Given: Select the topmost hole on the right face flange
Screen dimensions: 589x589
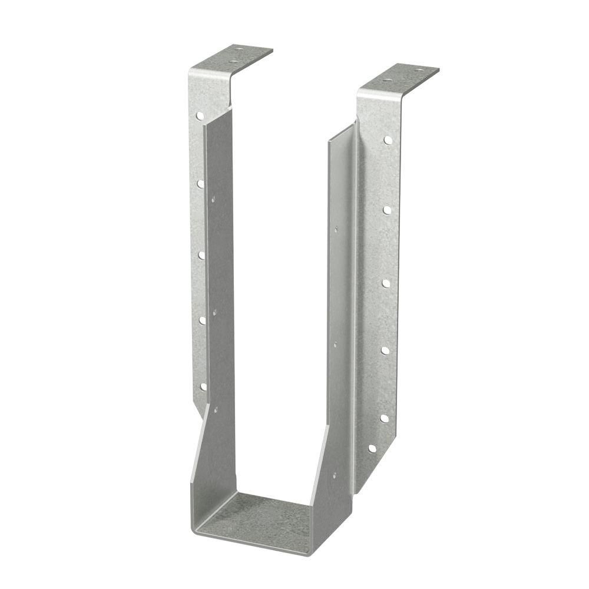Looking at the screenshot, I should click(388, 140).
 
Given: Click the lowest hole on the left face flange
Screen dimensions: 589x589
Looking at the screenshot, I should click(203, 387).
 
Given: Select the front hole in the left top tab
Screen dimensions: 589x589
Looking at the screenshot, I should click(233, 61).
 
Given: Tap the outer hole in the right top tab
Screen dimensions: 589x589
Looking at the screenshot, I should click(419, 71).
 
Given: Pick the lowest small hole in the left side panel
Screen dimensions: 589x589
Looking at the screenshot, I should click(215, 408).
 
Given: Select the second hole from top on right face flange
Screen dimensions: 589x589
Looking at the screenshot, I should click(387, 210).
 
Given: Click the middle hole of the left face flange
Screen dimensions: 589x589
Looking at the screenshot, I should click(201, 255).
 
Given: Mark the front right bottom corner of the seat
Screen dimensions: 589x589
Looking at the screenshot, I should click(309, 554).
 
